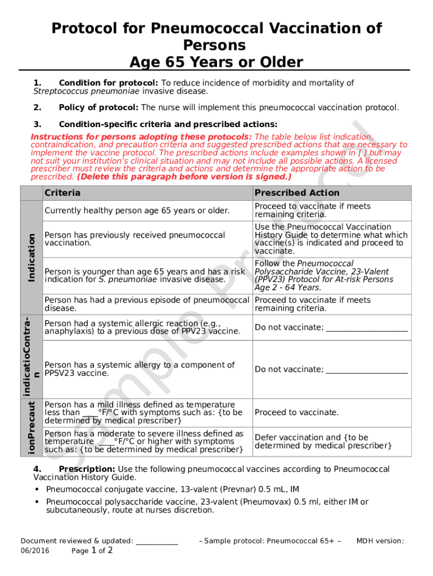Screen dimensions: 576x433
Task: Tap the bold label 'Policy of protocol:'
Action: point(98,107)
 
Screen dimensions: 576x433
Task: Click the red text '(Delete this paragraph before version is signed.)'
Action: point(184,177)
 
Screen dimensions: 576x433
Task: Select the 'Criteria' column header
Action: point(62,193)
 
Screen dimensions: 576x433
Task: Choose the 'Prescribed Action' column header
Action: point(297,193)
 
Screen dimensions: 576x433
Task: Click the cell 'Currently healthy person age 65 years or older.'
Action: point(137,211)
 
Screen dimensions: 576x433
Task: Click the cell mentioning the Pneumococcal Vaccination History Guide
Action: point(331,239)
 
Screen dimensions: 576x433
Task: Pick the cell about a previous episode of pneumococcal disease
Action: point(146,304)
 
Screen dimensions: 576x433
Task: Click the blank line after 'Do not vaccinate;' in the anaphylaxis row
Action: point(367,328)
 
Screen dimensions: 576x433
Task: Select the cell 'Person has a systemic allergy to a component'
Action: point(139,369)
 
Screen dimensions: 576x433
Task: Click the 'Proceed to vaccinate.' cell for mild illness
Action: point(296,412)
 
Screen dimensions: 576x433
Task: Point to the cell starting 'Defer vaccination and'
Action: point(323,442)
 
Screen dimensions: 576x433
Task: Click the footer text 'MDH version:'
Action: point(380,541)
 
